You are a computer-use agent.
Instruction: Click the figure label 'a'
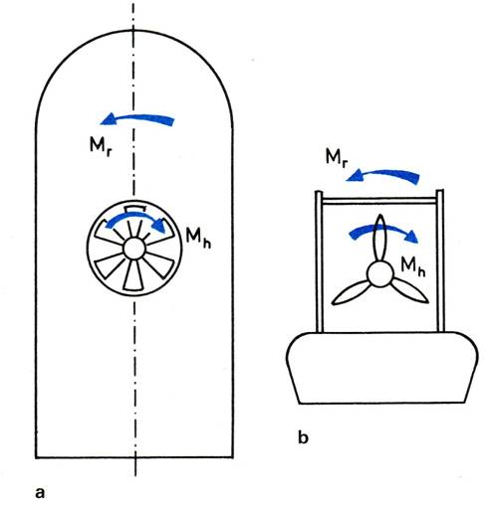[40, 493]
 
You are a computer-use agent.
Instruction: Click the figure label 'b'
[303, 437]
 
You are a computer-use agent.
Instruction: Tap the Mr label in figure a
[100, 146]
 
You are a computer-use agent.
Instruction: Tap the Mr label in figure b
[337, 157]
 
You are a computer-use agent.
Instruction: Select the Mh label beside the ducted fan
[198, 237]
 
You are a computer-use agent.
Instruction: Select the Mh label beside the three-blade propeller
[413, 266]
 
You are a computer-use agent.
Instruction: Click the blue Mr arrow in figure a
[137, 118]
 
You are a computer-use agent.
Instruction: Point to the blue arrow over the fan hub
[135, 216]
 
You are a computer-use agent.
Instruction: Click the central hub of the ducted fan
[134, 249]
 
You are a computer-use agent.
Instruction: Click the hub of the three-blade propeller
[380, 274]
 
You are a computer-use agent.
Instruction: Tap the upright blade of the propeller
[380, 238]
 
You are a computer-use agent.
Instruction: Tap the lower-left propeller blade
[351, 292]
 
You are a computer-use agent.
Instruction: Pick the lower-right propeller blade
[410, 290]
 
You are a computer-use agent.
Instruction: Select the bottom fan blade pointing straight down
[133, 276]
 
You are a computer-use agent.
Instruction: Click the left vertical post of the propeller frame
[319, 261]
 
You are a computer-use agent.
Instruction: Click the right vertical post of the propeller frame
[440, 260]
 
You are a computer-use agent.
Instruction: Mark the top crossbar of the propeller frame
[379, 201]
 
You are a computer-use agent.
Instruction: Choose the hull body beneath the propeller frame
[381, 368]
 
